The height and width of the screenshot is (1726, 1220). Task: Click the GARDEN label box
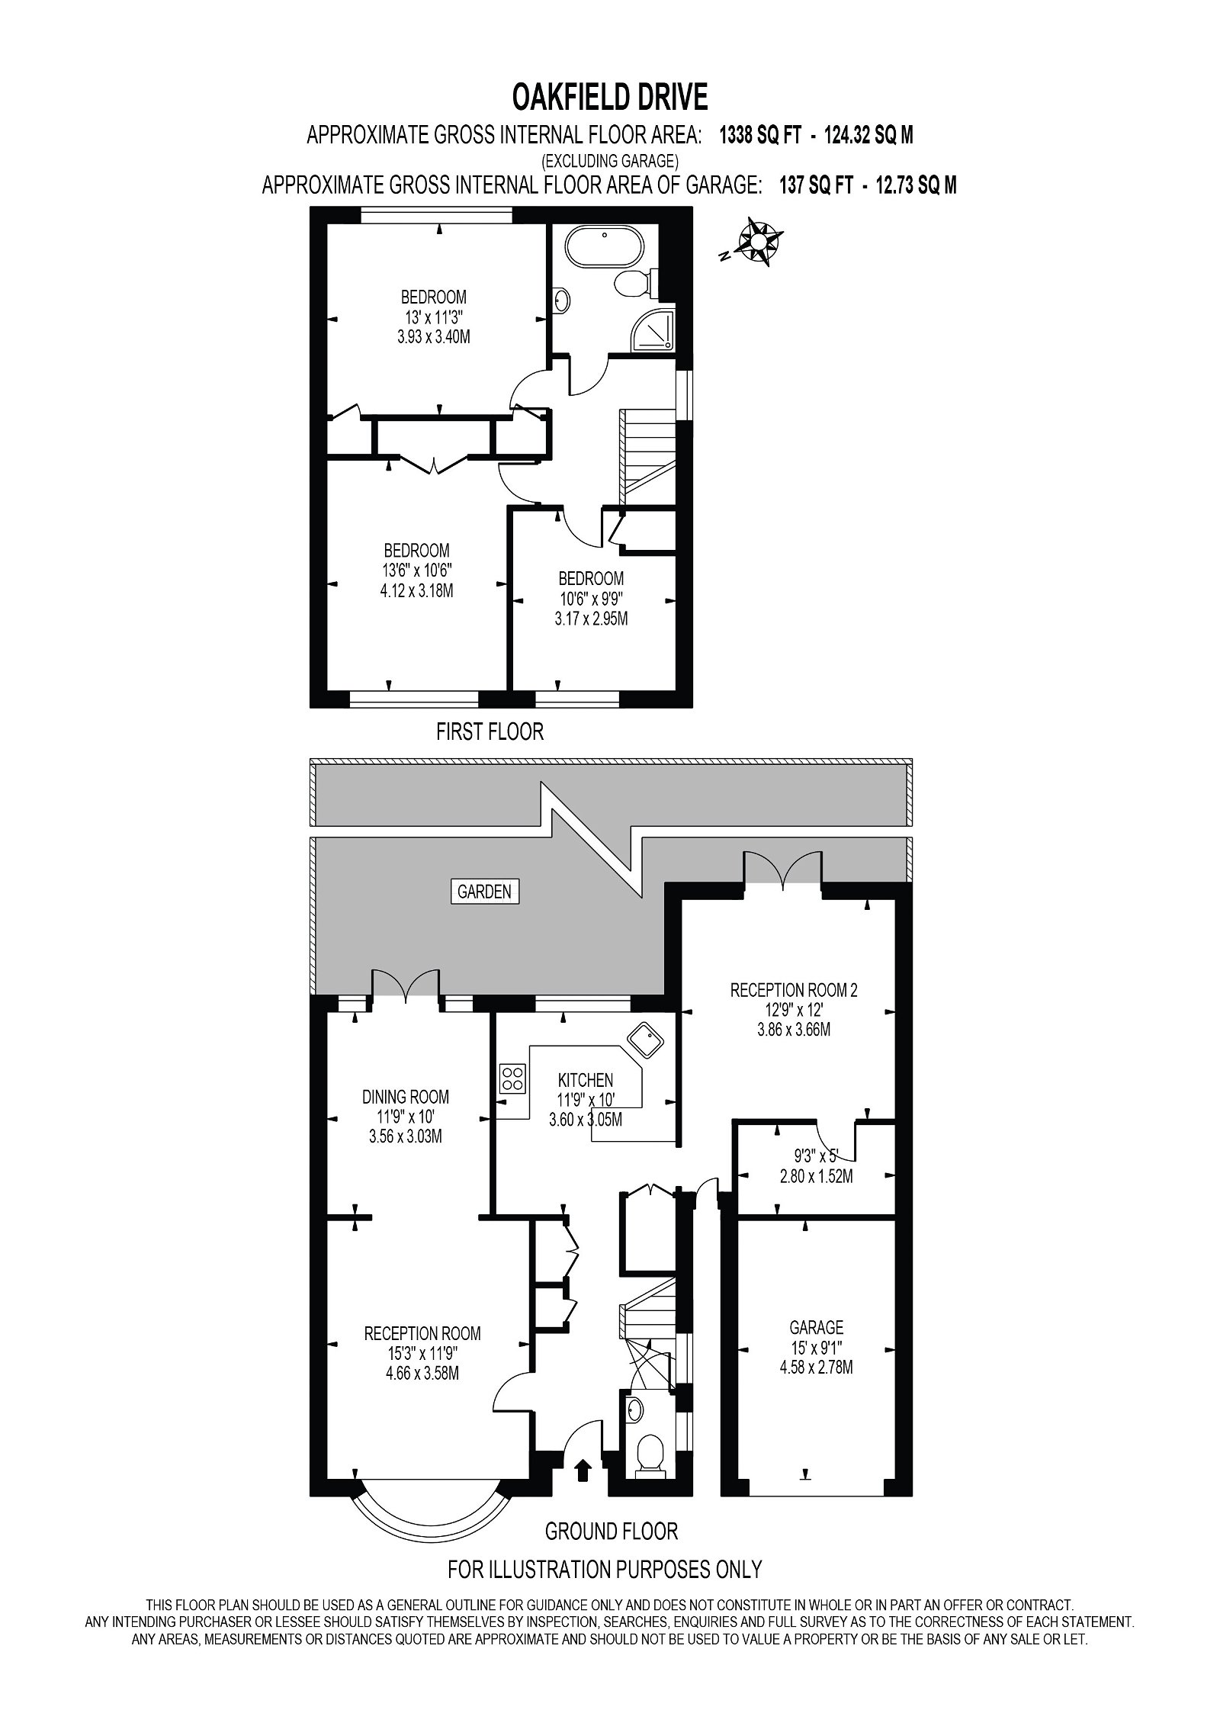(x=486, y=891)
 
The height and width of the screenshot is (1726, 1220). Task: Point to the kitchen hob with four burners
(x=512, y=1078)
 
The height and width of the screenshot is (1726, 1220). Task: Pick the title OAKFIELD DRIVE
(x=610, y=98)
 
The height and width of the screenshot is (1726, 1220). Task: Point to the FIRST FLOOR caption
(x=490, y=732)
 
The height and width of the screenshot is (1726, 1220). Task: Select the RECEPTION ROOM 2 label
(x=794, y=991)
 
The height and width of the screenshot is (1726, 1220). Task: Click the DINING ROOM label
(x=405, y=1098)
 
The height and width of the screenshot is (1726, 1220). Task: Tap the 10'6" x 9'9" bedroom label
(x=591, y=599)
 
